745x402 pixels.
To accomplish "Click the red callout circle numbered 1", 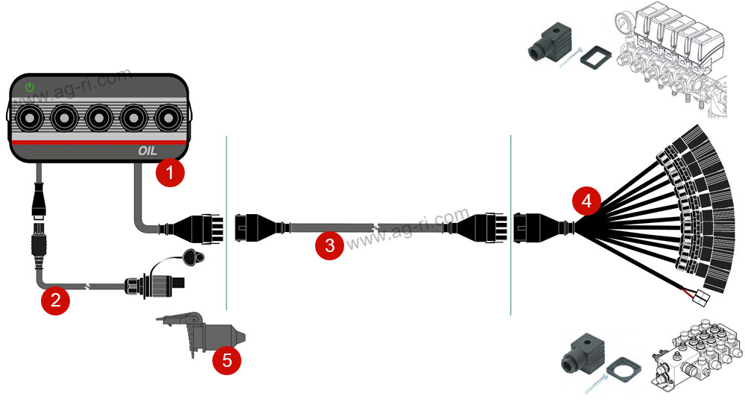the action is [170, 172].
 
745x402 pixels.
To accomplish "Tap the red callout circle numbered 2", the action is [56, 300].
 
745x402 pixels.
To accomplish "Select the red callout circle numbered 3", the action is [329, 245].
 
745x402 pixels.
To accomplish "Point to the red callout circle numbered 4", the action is [586, 201].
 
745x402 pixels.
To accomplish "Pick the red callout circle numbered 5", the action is [226, 360].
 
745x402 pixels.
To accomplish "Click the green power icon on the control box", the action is [30, 87].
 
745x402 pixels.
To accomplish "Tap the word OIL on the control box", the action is [148, 151].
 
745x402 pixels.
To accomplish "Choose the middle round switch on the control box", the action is [99, 118].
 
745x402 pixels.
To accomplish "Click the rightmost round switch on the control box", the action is [168, 118].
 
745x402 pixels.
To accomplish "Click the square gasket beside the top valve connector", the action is [595, 57].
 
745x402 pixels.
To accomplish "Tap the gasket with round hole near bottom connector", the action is [624, 368].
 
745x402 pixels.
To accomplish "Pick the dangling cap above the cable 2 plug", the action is [193, 257].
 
